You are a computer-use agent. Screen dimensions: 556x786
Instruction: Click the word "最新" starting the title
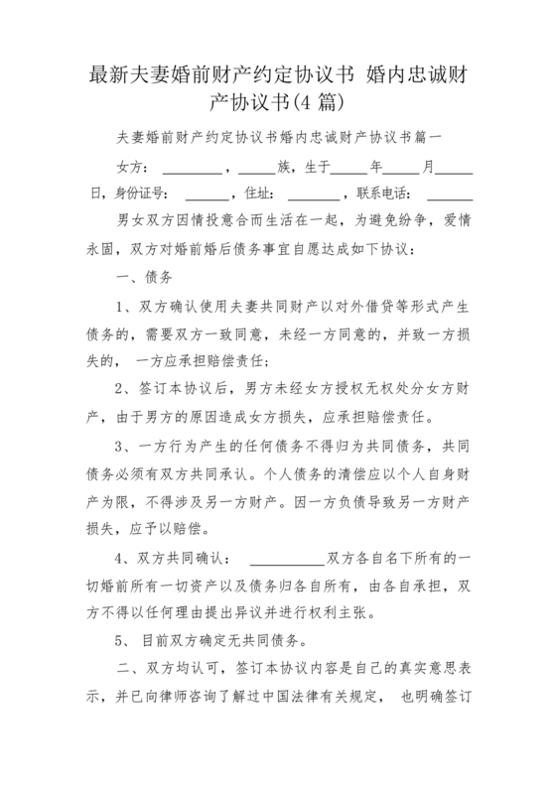106,73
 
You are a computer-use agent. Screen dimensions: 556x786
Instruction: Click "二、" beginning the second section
127,670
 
